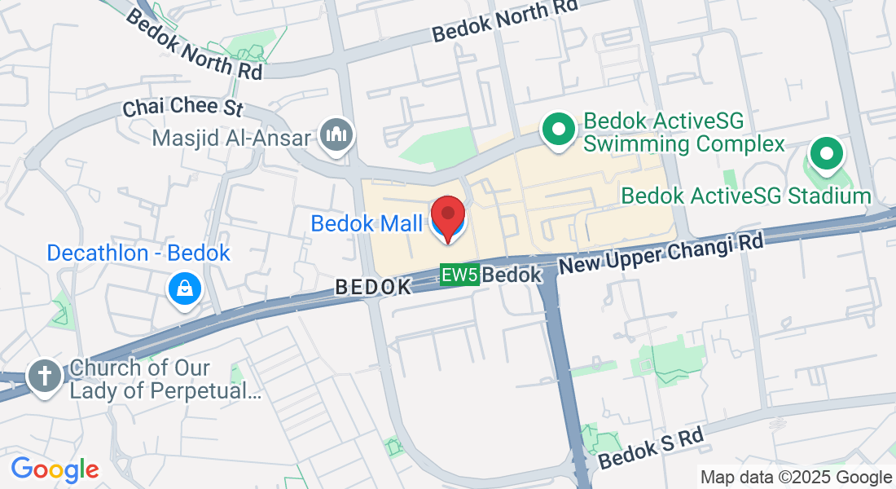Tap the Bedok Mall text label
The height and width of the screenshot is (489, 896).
click(367, 223)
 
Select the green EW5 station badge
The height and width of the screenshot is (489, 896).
click(459, 275)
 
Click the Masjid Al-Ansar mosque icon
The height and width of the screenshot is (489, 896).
click(336, 135)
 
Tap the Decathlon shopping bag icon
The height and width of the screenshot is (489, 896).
click(185, 289)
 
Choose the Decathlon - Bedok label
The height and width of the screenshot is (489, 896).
click(138, 253)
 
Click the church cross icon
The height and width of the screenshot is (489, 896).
click(44, 377)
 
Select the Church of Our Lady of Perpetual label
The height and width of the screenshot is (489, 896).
click(165, 380)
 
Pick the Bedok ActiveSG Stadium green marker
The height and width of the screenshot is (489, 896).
click(826, 153)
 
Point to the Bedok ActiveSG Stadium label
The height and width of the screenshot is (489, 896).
click(745, 196)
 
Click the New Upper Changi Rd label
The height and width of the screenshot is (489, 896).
click(661, 253)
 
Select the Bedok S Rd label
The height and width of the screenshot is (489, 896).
click(650, 449)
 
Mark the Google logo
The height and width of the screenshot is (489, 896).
click(55, 469)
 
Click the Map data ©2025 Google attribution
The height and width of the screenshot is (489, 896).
click(796, 478)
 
